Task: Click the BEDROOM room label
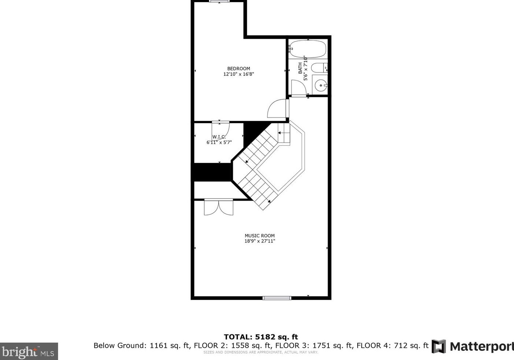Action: [x=238, y=68]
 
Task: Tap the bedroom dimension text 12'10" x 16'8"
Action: [x=238, y=74]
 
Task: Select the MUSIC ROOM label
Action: [x=260, y=236]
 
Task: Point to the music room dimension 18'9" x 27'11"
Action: [x=260, y=241]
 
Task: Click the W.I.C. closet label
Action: [x=219, y=137]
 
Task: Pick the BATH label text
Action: [x=300, y=68]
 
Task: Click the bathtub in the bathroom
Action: [x=308, y=49]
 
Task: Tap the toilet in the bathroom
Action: [x=319, y=68]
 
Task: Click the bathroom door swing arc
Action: [x=297, y=87]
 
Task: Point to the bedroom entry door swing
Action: [x=278, y=109]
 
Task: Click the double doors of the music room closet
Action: [x=219, y=207]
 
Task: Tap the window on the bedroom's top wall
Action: [x=219, y=1]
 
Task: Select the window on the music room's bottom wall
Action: [x=277, y=298]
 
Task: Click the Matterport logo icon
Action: [x=439, y=346]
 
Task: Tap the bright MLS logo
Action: [x=29, y=352]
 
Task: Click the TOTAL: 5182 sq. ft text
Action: [x=261, y=337]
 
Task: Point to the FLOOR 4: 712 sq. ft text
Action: [x=392, y=345]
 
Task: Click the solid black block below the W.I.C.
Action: [x=212, y=172]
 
